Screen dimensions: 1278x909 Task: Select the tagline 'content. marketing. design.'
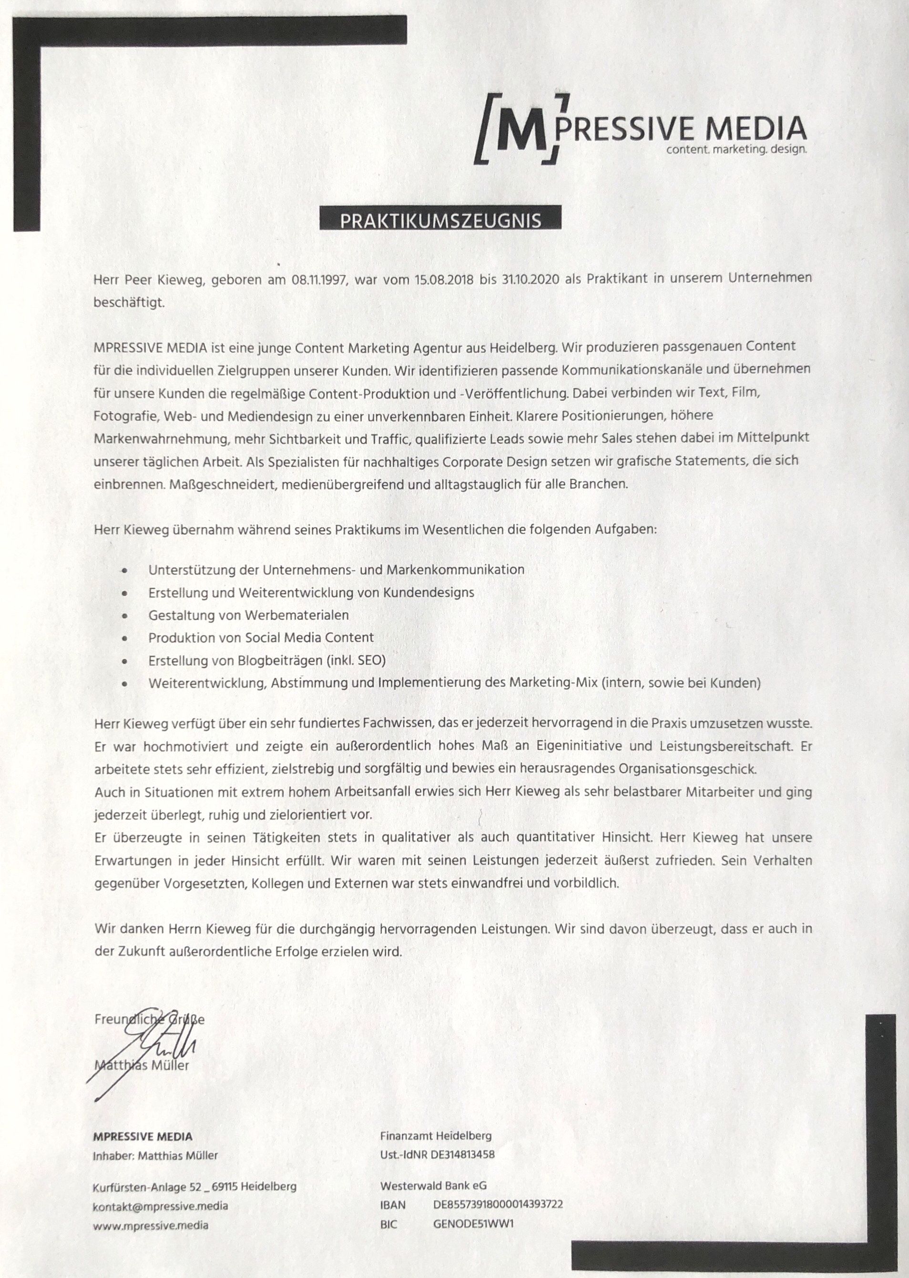pos(736,150)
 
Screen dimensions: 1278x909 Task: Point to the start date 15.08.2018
pos(443,279)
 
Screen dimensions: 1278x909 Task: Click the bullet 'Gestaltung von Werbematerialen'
pos(248,615)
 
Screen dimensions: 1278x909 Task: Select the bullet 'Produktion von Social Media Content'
pos(261,637)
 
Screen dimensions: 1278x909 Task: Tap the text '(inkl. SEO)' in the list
pos(356,660)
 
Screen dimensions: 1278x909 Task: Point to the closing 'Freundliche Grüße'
pos(150,1019)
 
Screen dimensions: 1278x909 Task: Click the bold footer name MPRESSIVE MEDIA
pos(143,1136)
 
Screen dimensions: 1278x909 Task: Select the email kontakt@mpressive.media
pos(160,1206)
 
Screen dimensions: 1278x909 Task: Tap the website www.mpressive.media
pos(151,1226)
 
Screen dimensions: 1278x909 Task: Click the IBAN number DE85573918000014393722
pos(498,1204)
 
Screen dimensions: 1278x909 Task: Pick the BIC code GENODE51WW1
pos(473,1224)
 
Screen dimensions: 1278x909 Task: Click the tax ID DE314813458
pos(462,1154)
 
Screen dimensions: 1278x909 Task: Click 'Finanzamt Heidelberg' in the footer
pos(436,1136)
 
